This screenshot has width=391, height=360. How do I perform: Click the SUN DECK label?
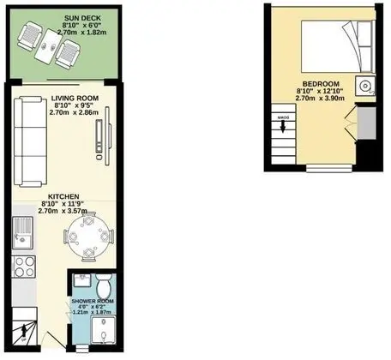(x=82, y=18)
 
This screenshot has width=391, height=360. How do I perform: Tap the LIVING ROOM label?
(x=75, y=99)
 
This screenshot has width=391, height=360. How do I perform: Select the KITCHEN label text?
(x=63, y=196)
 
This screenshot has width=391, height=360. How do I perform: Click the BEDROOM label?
(x=321, y=84)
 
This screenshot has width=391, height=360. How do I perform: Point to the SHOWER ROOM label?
(x=93, y=301)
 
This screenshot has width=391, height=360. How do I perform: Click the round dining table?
(x=88, y=237)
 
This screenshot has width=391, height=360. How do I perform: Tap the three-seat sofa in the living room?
(x=31, y=142)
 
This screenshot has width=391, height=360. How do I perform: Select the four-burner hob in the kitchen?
(x=24, y=267)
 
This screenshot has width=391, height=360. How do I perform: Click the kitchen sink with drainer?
(x=22, y=232)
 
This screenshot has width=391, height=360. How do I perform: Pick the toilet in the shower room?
(x=103, y=285)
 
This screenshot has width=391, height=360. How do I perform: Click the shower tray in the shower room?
(x=104, y=329)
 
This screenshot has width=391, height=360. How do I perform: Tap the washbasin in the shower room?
(x=82, y=280)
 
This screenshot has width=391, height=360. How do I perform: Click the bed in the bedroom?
(x=338, y=46)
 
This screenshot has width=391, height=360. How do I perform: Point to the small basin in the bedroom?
(x=365, y=86)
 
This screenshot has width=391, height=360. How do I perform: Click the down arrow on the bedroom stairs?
(x=283, y=126)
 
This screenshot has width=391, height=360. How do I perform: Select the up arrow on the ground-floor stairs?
(x=24, y=332)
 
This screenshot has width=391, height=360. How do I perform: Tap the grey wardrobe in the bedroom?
(x=366, y=123)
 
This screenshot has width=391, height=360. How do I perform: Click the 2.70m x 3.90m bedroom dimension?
(x=320, y=99)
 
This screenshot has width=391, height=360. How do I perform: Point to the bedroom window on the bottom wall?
(x=329, y=168)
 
